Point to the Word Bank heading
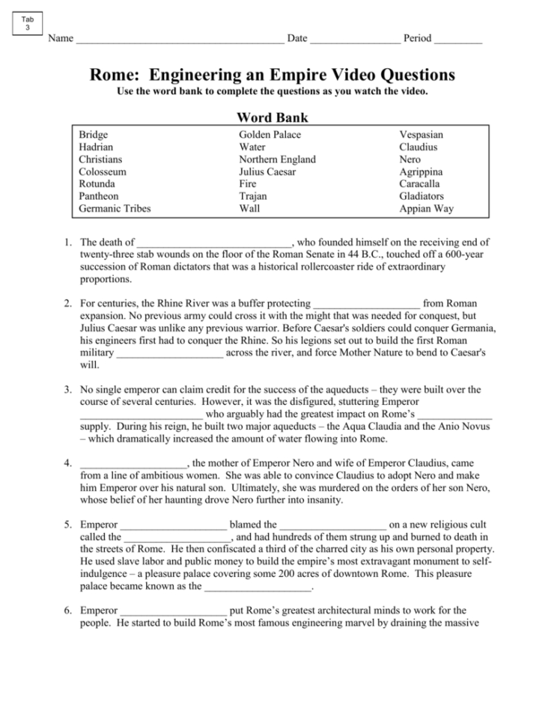point(272,117)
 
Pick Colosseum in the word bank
point(103,172)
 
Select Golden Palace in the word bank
point(270,135)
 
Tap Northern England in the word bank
point(277,159)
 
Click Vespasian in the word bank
point(421,135)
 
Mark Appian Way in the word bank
point(426,209)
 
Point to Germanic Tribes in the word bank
point(115,209)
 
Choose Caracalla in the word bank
point(419,184)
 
